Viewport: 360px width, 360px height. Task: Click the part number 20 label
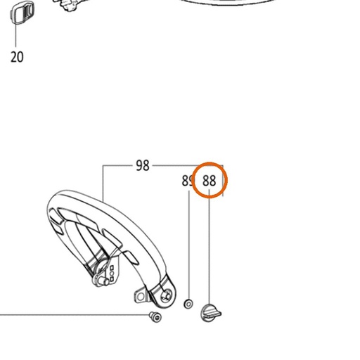coord(17,57)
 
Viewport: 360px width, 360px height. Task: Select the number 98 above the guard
coord(143,165)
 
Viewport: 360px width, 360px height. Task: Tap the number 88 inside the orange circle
coord(209,181)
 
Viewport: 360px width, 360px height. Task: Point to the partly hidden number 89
coord(187,181)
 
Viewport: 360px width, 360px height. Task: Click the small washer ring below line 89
coord(188,304)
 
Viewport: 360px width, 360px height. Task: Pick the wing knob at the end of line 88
coord(211,313)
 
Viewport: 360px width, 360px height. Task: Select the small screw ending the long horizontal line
coord(155,317)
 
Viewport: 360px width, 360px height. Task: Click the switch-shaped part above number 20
coord(22,13)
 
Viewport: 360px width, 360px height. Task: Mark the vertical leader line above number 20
coord(15,35)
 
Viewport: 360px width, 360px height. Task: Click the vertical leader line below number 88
coord(210,247)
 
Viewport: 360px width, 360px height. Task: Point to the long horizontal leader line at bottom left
coord(75,315)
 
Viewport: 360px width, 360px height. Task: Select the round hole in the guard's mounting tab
coord(141,297)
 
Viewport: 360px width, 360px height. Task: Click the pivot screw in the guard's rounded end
coord(166,296)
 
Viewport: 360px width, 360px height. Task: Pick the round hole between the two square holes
coord(112,274)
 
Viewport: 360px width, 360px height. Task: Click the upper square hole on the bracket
coord(112,268)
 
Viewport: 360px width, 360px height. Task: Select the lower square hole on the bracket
coord(112,279)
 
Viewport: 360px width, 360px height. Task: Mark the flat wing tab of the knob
coord(213,313)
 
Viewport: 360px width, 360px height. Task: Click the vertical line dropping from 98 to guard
coord(103,183)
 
